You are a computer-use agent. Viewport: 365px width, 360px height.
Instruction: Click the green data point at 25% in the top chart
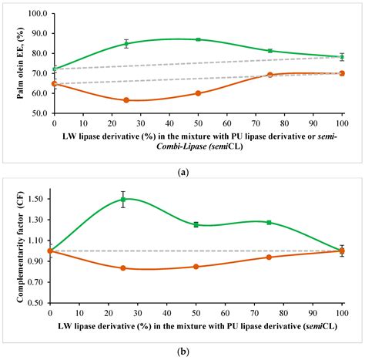pyautogui.click(x=126, y=44)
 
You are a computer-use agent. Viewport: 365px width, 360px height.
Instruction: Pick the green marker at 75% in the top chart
pyautogui.click(x=270, y=51)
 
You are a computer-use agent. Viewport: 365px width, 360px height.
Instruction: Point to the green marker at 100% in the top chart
pyautogui.click(x=342, y=57)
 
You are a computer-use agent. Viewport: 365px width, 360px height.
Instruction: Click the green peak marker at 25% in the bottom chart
pyautogui.click(x=122, y=200)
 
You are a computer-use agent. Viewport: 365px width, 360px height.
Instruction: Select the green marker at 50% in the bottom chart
pyautogui.click(x=196, y=224)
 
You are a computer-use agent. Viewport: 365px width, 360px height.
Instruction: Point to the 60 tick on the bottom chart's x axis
pyautogui.click(x=225, y=311)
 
